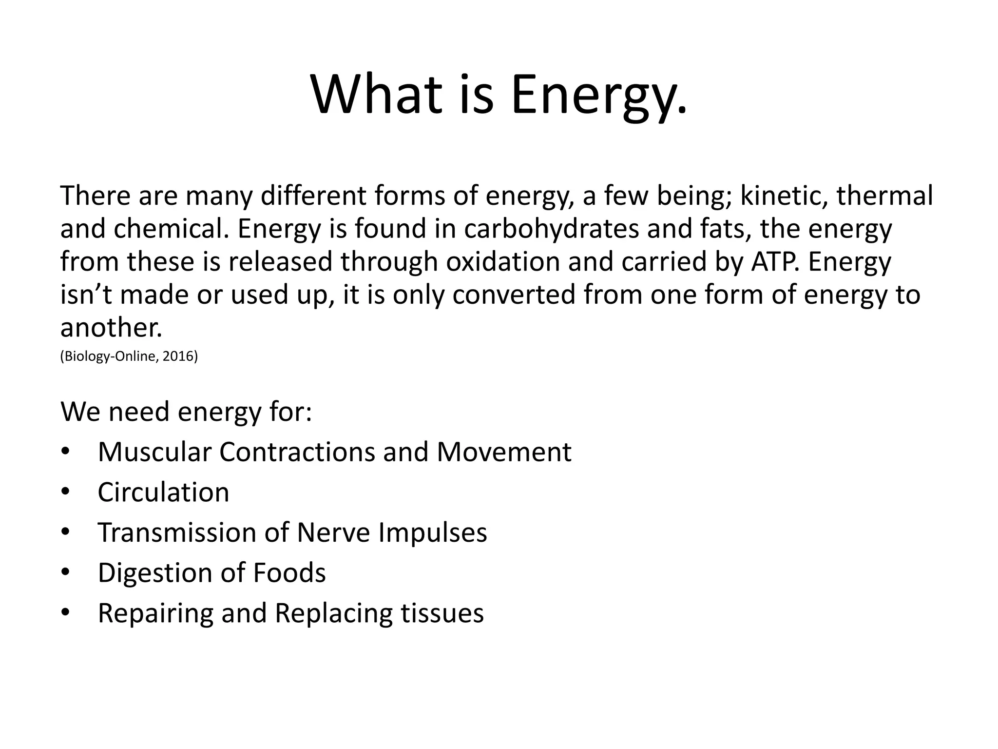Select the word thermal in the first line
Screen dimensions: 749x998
(884, 196)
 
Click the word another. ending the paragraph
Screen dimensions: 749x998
(111, 328)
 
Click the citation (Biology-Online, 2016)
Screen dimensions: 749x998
(129, 356)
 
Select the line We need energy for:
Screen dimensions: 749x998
(186, 412)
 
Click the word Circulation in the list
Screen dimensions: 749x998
(163, 492)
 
